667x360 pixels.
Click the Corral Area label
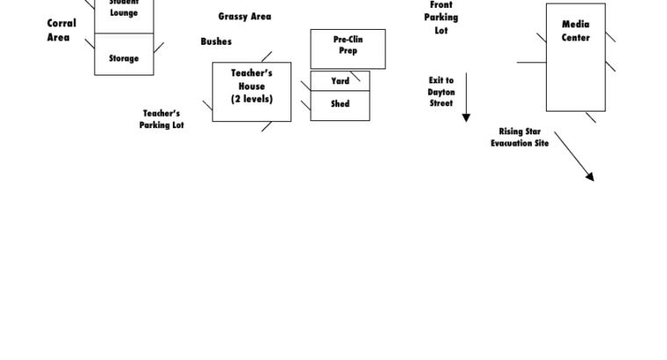click(x=61, y=31)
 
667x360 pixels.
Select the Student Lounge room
click(x=124, y=14)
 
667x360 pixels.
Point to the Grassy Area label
click(x=245, y=17)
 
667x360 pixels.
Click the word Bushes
click(x=216, y=41)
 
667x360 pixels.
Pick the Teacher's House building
click(x=252, y=91)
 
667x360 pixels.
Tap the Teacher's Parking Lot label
click(x=161, y=119)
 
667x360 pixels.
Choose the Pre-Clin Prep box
click(x=348, y=48)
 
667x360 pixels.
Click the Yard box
click(x=340, y=81)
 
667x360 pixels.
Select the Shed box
click(x=340, y=104)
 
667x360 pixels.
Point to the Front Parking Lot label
click(x=441, y=18)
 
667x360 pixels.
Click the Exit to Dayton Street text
click(x=441, y=91)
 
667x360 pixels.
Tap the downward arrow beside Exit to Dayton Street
click(x=466, y=97)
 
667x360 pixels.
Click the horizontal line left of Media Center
click(x=531, y=62)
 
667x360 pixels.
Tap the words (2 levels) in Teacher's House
click(x=252, y=99)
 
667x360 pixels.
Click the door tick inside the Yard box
click(x=355, y=76)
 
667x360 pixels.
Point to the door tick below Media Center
click(x=591, y=118)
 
